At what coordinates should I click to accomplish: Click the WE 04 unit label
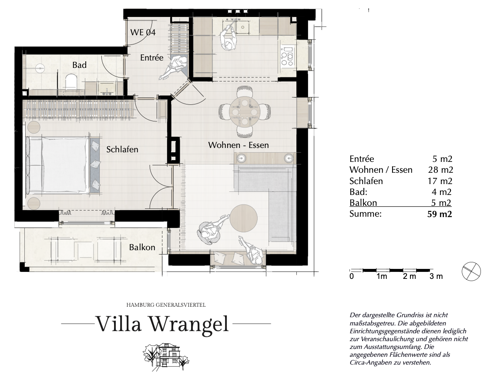click(x=143, y=32)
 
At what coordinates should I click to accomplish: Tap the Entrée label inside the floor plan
click(x=151, y=57)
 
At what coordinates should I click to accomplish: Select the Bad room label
click(x=80, y=65)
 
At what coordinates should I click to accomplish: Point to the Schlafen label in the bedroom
click(x=122, y=149)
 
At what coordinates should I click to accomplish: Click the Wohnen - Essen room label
click(x=238, y=145)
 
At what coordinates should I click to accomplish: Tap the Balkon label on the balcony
click(x=142, y=247)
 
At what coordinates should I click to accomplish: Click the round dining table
click(x=244, y=111)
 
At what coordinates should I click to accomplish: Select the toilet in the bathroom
click(x=71, y=81)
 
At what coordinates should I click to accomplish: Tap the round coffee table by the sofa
click(x=244, y=218)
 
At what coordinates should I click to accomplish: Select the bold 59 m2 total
click(x=440, y=214)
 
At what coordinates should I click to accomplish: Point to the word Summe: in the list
click(x=365, y=214)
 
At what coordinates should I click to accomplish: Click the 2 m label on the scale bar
click(x=410, y=276)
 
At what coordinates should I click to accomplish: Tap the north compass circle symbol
click(x=471, y=271)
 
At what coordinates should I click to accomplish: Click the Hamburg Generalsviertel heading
click(x=166, y=305)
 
